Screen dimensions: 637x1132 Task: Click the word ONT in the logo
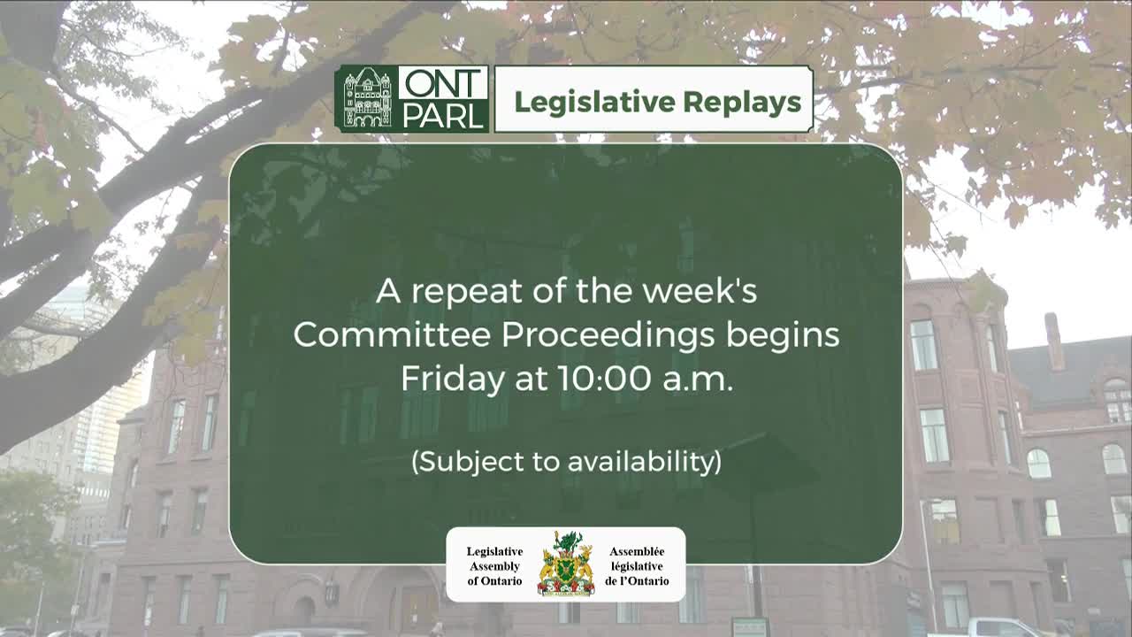442,84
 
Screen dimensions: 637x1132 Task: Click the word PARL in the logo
442,115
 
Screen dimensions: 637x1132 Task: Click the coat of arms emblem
566,564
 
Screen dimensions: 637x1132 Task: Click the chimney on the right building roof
1053,341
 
